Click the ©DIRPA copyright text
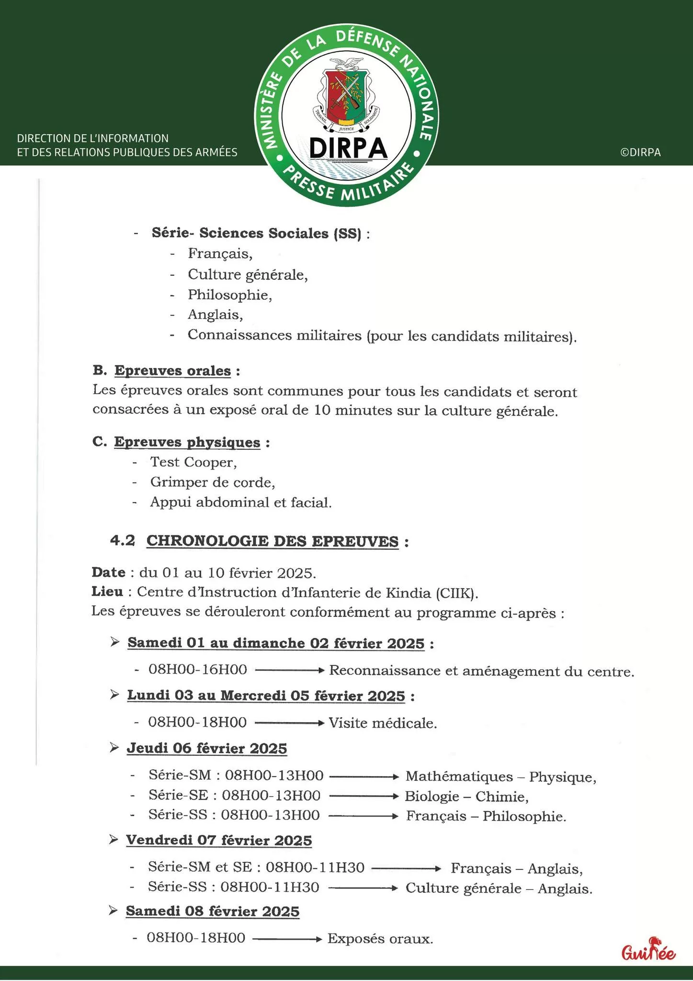click(x=640, y=152)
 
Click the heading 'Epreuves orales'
click(x=172, y=371)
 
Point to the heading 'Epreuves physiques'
click(x=187, y=442)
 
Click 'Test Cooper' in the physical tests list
click(x=193, y=462)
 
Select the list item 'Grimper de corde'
click(x=212, y=482)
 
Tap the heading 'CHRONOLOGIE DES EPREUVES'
click(x=272, y=541)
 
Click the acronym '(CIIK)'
click(x=456, y=593)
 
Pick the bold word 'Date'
click(x=108, y=572)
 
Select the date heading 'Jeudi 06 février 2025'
click(x=206, y=748)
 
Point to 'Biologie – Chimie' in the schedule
click(x=466, y=797)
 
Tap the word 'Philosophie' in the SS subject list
click(x=229, y=295)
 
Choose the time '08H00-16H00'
click(x=198, y=670)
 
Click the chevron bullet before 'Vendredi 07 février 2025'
click(x=114, y=839)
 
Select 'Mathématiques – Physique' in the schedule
click(x=500, y=776)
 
